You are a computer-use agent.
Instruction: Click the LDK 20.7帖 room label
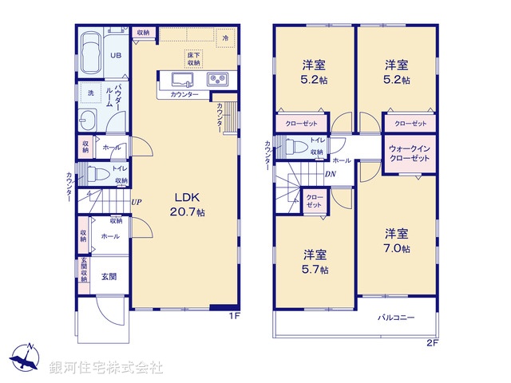click(185, 204)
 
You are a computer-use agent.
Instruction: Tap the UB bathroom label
click(114, 56)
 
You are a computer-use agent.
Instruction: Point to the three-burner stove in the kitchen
click(217, 79)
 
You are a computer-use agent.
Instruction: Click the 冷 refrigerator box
click(226, 38)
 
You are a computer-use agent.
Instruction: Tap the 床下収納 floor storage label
click(194, 57)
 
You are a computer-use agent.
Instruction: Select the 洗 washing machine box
click(90, 93)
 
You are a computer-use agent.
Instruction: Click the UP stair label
click(137, 202)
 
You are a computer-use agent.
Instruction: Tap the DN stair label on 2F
click(331, 175)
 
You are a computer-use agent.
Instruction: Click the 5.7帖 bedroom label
click(315, 262)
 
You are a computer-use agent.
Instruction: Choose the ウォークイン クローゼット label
click(410, 154)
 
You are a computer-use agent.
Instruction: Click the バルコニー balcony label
click(396, 318)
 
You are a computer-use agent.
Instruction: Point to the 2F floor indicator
click(433, 344)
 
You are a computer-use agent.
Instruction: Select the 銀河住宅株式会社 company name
click(106, 368)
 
